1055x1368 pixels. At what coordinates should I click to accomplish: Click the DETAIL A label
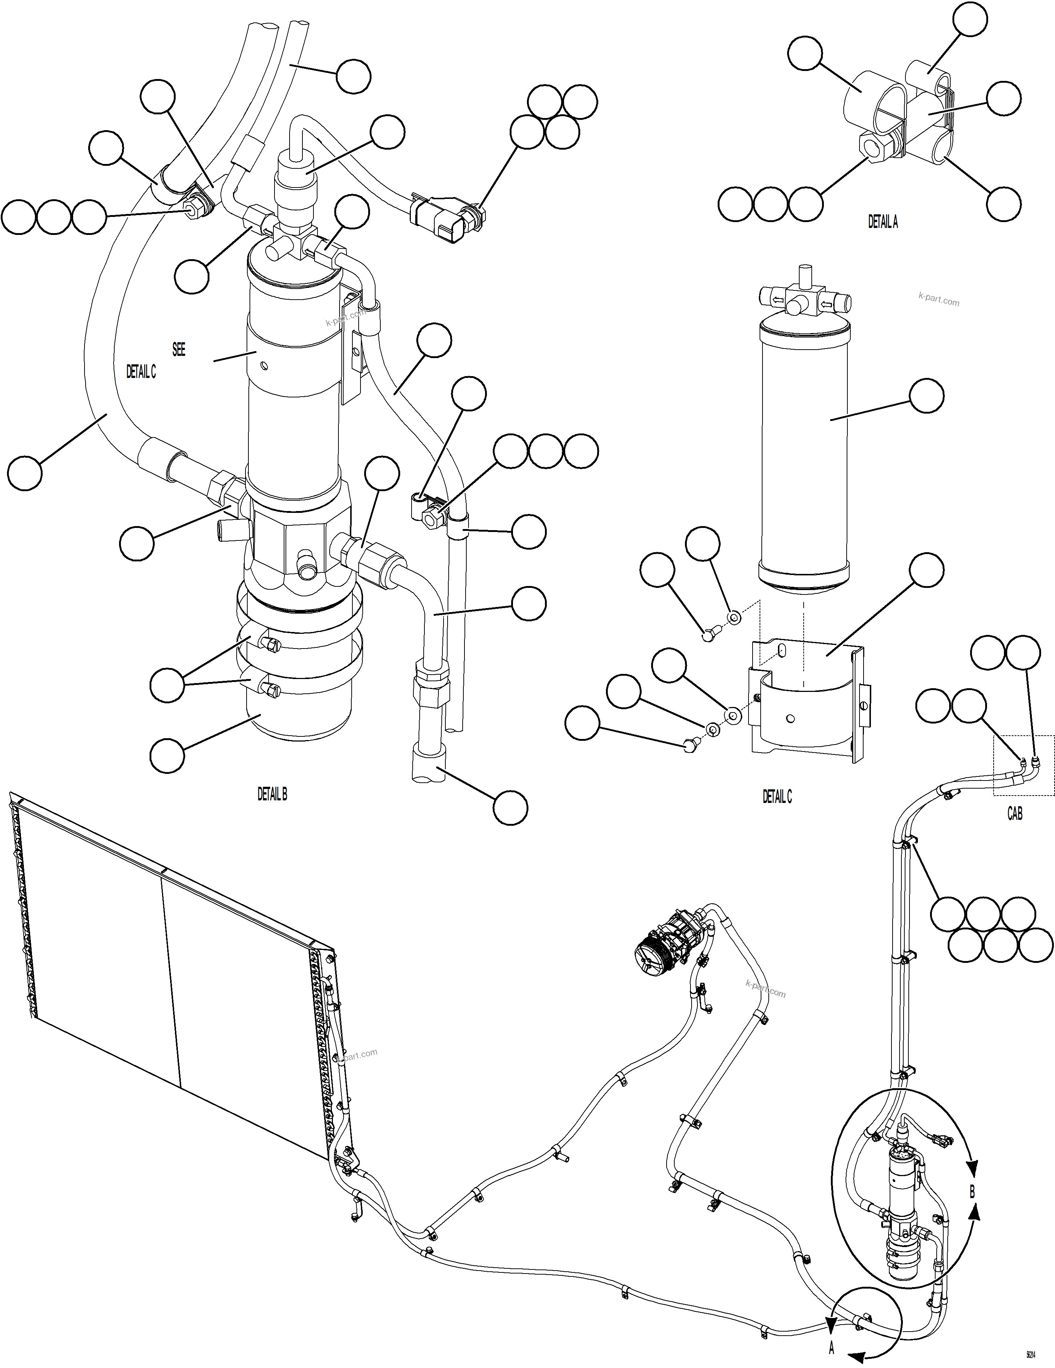pyautogui.click(x=882, y=222)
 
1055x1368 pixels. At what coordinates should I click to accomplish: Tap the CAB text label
pyautogui.click(x=1014, y=814)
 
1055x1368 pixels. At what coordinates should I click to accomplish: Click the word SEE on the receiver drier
pyautogui.click(x=179, y=350)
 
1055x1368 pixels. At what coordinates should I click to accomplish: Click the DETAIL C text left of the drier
pyautogui.click(x=141, y=372)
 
